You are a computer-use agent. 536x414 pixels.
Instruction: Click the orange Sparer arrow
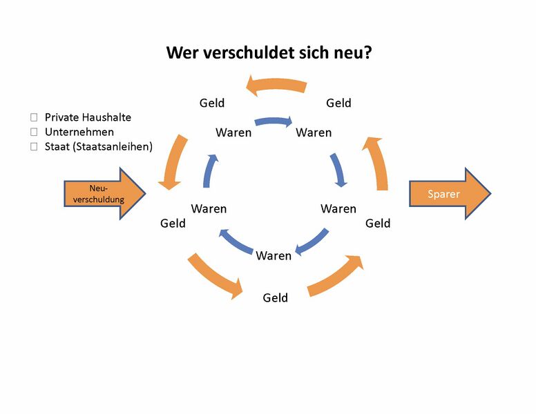tap(449, 194)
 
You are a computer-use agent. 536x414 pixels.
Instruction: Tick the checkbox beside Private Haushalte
tap(33, 118)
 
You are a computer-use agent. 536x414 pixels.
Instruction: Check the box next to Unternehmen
tap(33, 132)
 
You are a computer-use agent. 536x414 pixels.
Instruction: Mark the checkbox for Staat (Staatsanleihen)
tap(33, 146)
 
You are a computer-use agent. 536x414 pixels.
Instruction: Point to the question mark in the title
tap(367, 52)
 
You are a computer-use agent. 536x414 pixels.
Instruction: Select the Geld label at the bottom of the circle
tap(275, 298)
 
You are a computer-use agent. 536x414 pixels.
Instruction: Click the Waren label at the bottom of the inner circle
tap(274, 256)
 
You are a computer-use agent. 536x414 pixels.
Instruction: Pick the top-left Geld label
tap(212, 103)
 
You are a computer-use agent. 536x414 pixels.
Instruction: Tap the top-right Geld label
tap(338, 103)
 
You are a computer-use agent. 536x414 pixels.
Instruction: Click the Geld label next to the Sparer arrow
tap(378, 224)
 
